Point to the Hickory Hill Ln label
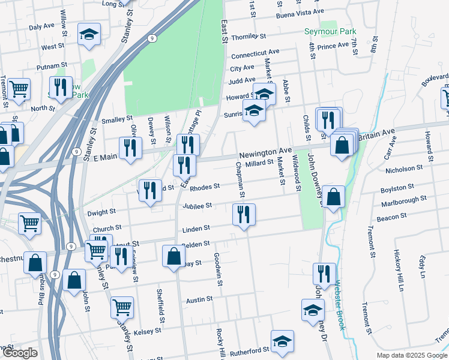(397, 270)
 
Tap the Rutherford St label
(252, 350)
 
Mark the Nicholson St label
(408, 170)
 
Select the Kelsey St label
(148, 331)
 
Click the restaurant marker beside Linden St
(244, 214)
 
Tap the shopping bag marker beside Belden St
(173, 255)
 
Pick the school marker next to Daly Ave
(89, 35)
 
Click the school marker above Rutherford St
(282, 341)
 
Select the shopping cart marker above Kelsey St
(122, 307)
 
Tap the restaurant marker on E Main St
(130, 148)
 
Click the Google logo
(20, 353)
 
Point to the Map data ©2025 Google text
(411, 355)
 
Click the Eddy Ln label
(423, 265)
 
